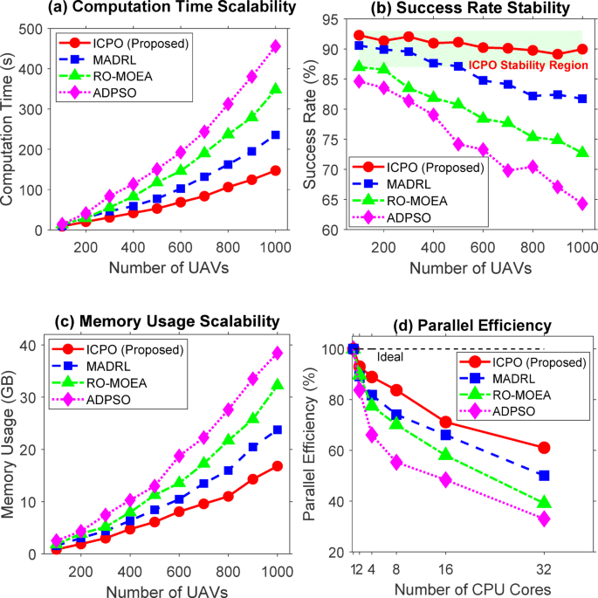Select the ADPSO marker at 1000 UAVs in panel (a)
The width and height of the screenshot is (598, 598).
click(x=275, y=46)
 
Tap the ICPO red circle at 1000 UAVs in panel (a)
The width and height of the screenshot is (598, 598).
click(x=275, y=170)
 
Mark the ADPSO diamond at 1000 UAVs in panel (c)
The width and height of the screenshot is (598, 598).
click(x=275, y=354)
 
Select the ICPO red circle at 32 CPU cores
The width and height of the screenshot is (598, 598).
click(x=544, y=448)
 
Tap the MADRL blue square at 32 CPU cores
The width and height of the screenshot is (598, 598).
click(x=544, y=476)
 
